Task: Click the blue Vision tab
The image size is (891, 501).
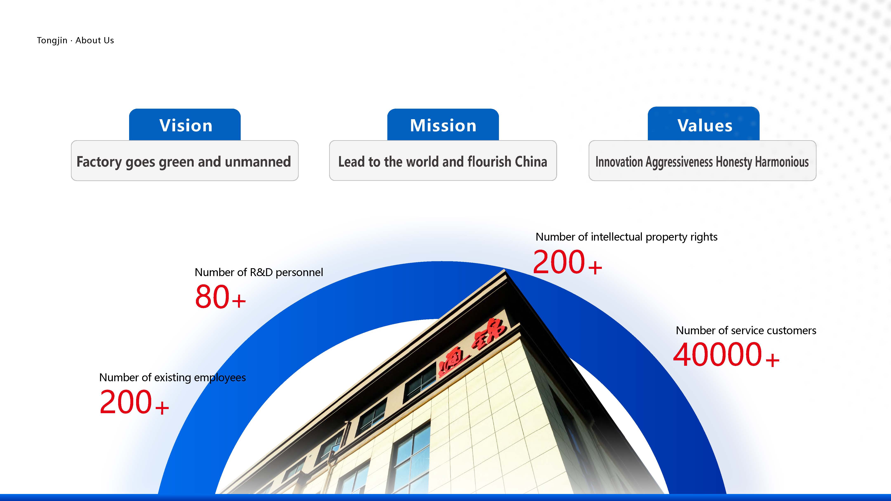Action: [x=185, y=125]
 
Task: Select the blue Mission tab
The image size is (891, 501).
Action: [x=443, y=125]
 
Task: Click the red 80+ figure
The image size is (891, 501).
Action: [x=220, y=297]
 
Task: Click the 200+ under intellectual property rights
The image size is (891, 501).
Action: [x=567, y=262]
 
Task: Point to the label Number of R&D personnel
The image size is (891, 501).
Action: [x=259, y=272]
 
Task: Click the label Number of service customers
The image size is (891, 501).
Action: [x=746, y=330]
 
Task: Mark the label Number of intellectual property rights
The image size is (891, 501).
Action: [x=626, y=237]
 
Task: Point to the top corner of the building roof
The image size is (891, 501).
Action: [x=505, y=270]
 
